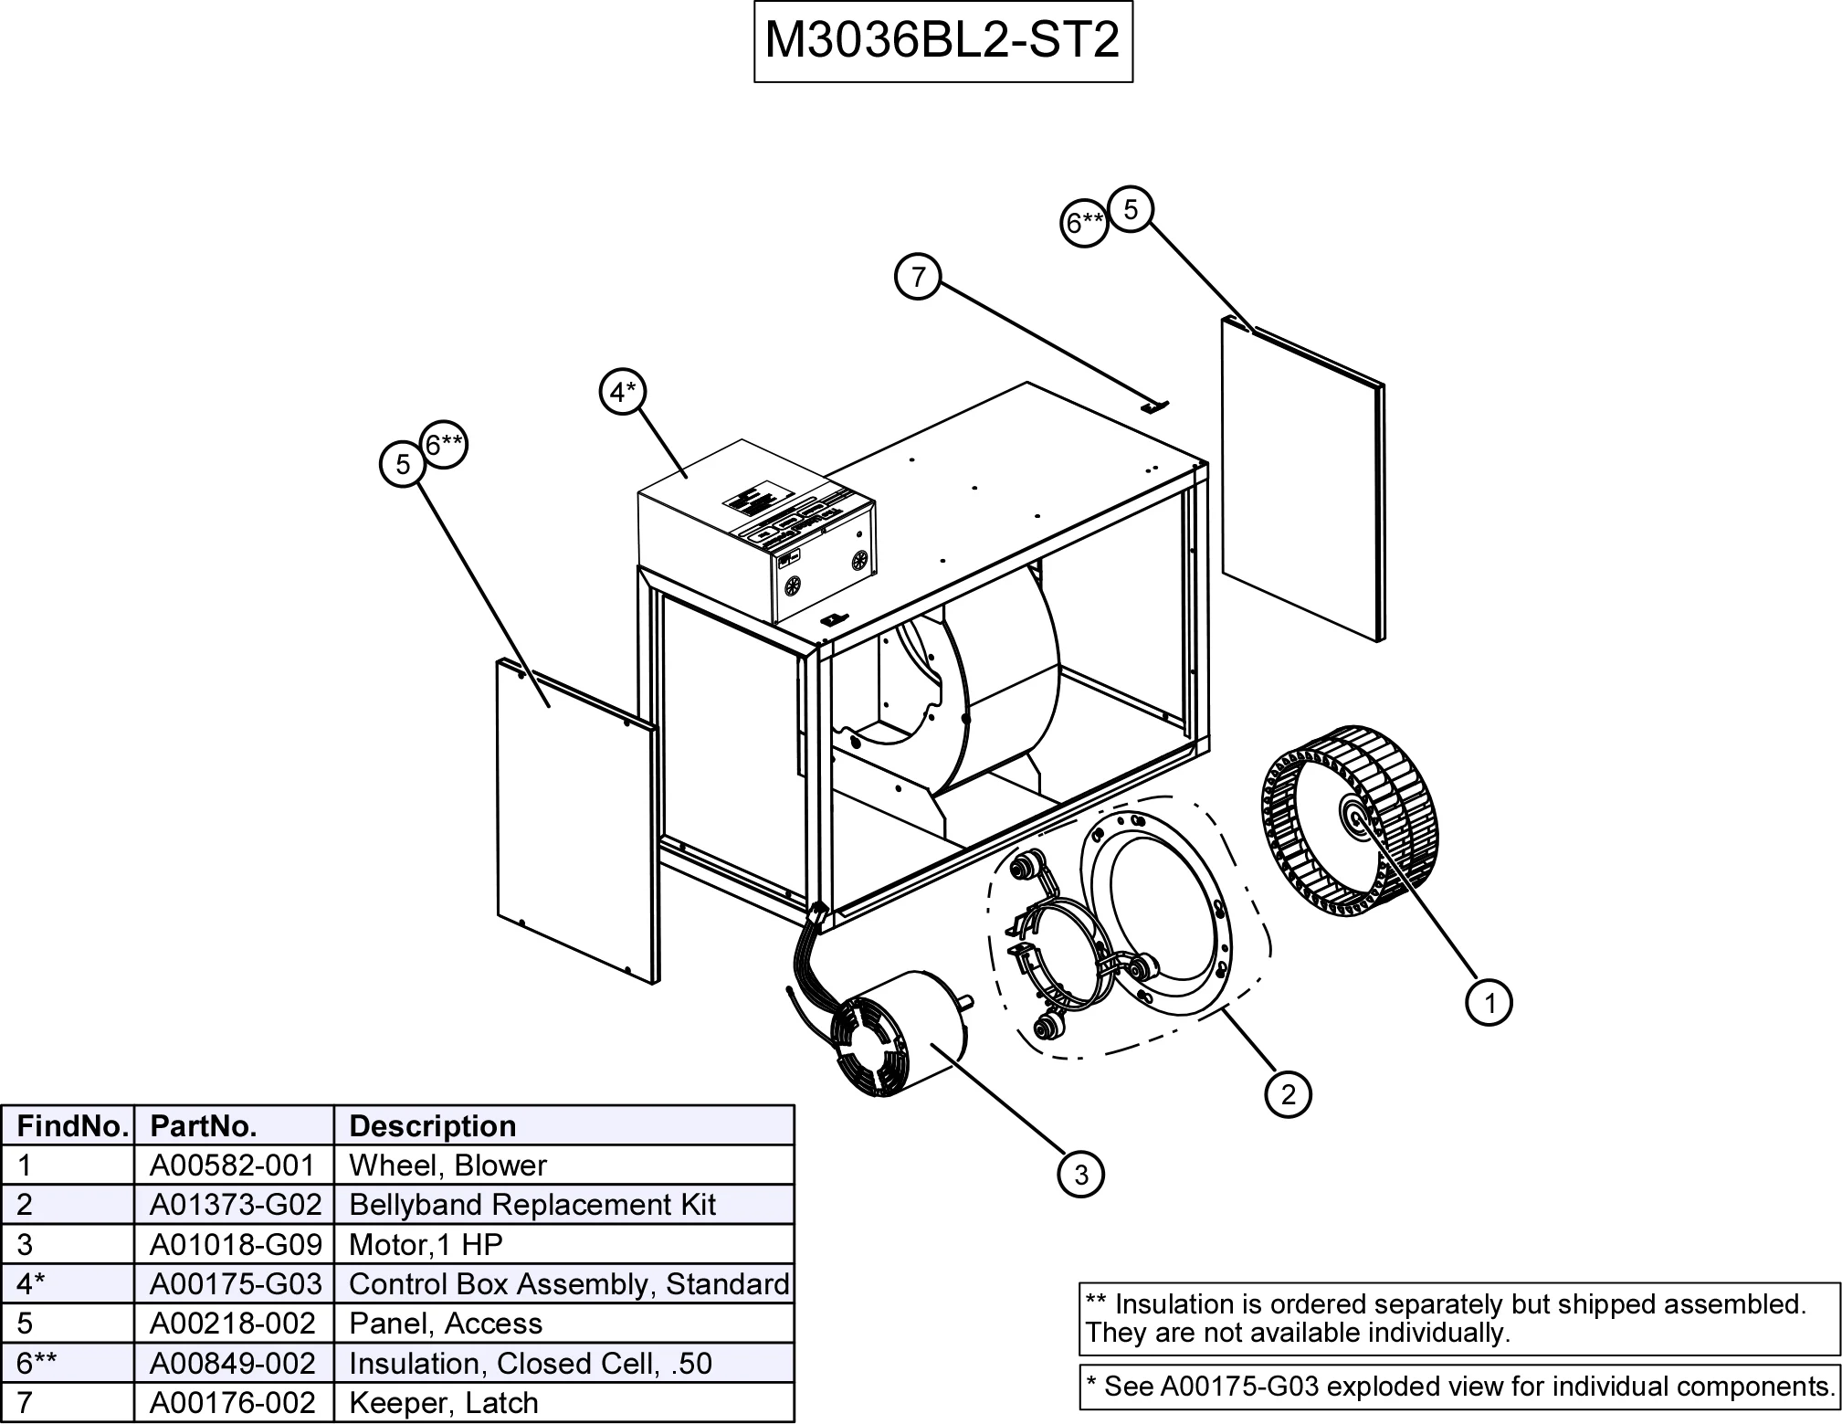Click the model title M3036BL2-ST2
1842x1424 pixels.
coord(942,40)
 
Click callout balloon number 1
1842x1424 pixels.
coord(1489,1003)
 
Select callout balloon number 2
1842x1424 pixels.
coord(1288,1093)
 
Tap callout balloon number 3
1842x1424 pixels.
coord(1081,1174)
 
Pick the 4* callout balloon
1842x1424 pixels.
coord(623,393)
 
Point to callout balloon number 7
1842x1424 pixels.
coord(918,276)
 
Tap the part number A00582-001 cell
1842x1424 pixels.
coord(233,1166)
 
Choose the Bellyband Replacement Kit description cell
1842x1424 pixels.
coord(532,1205)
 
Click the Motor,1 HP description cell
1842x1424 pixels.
coord(426,1244)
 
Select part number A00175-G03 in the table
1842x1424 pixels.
coord(235,1284)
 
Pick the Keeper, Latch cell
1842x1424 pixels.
coord(444,1402)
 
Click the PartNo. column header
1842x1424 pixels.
coord(203,1125)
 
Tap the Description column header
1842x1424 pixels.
coord(433,1125)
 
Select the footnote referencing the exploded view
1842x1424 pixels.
coord(1458,1387)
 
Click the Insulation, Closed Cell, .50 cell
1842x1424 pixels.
coord(530,1363)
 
